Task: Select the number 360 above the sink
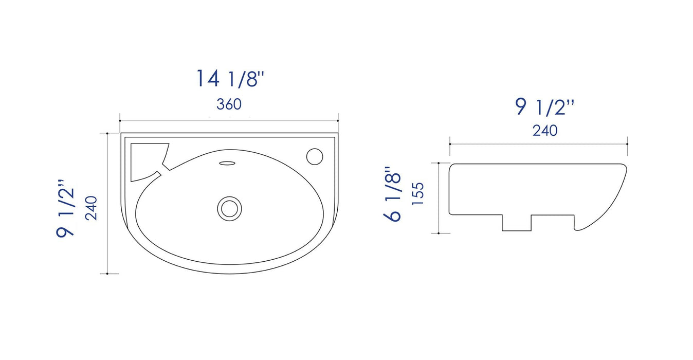pyautogui.click(x=229, y=104)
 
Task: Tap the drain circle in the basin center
pyautogui.click(x=229, y=208)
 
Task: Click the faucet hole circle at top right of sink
pyautogui.click(x=314, y=155)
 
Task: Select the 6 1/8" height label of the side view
pyautogui.click(x=392, y=194)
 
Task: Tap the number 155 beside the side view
pyautogui.click(x=418, y=194)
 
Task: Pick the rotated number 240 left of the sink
pyautogui.click(x=92, y=208)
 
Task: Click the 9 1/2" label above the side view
pyautogui.click(x=544, y=107)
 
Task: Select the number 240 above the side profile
pyautogui.click(x=544, y=131)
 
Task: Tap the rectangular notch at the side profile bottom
pyautogui.click(x=516, y=222)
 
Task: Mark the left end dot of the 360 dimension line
pyautogui.click(x=120, y=121)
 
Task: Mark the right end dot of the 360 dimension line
pyautogui.click(x=338, y=121)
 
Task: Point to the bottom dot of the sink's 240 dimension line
pyautogui.click(x=107, y=274)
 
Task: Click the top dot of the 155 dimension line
pyautogui.click(x=438, y=163)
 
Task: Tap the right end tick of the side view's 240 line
pyautogui.click(x=628, y=144)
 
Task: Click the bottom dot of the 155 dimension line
pyautogui.click(x=438, y=233)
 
